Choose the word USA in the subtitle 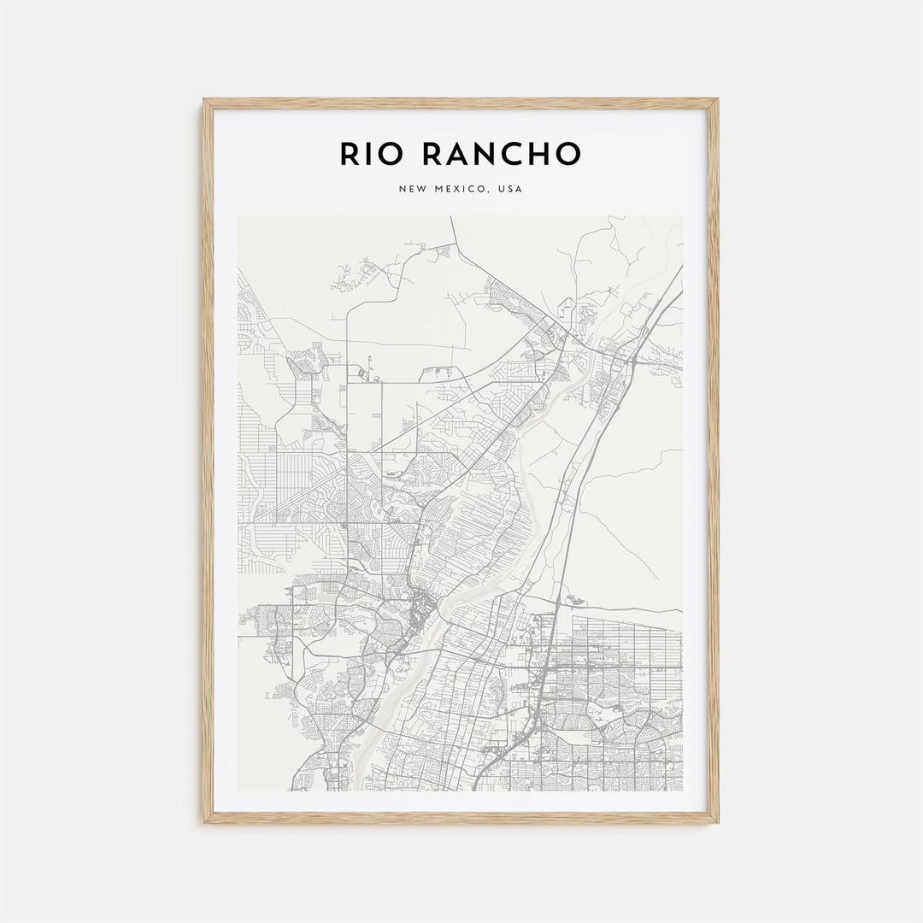point(510,189)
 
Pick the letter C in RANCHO point(510,154)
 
